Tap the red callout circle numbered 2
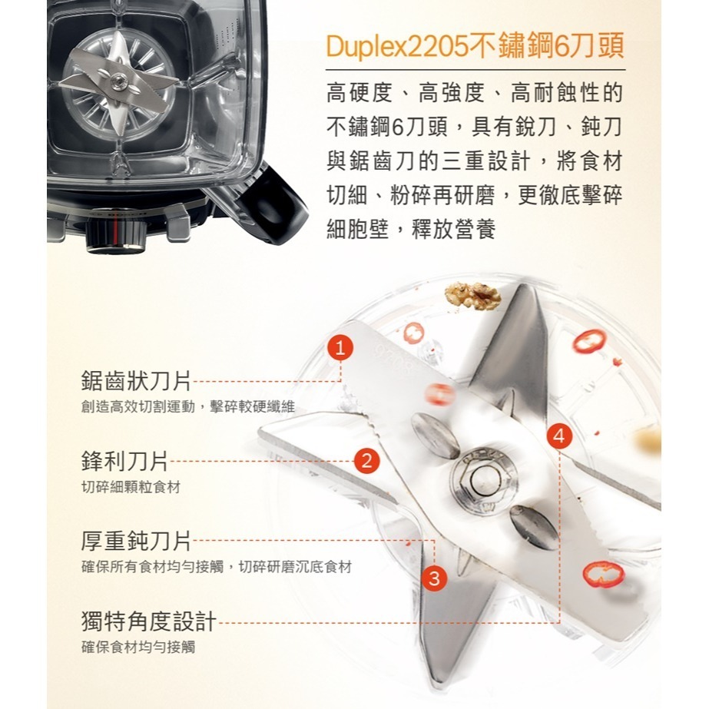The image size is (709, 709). (367, 461)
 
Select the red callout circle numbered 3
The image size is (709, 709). (435, 578)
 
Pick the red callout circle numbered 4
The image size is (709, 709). (560, 436)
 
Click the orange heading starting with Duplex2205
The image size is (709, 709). (474, 48)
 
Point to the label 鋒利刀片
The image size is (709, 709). (124, 461)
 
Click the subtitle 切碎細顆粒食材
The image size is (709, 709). (131, 488)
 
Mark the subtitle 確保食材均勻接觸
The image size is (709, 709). (138, 647)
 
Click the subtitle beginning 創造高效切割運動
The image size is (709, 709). (187, 406)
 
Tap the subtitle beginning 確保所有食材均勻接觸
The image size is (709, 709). (217, 568)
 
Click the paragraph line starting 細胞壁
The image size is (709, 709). (411, 229)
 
